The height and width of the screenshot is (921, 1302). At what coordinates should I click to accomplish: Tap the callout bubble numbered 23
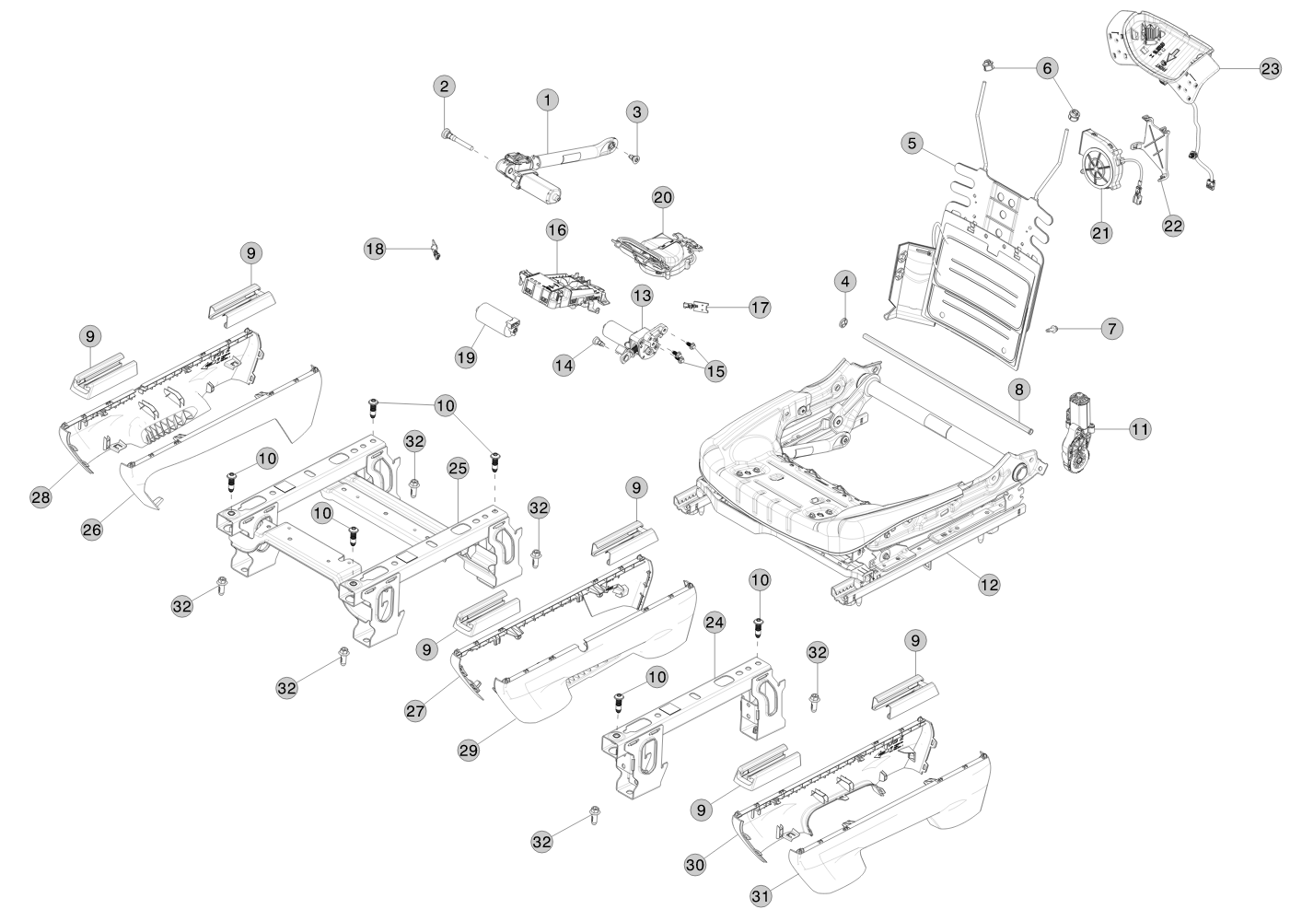[1270, 70]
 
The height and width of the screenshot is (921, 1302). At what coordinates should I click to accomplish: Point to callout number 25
[458, 468]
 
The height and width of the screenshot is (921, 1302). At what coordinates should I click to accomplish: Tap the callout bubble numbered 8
[1018, 390]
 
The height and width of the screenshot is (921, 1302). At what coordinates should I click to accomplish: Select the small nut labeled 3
[634, 158]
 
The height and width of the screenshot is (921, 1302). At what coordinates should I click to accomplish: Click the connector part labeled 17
[700, 304]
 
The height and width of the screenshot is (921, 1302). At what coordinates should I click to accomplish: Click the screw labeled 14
[598, 342]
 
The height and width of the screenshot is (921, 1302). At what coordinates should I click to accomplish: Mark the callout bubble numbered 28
[41, 496]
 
